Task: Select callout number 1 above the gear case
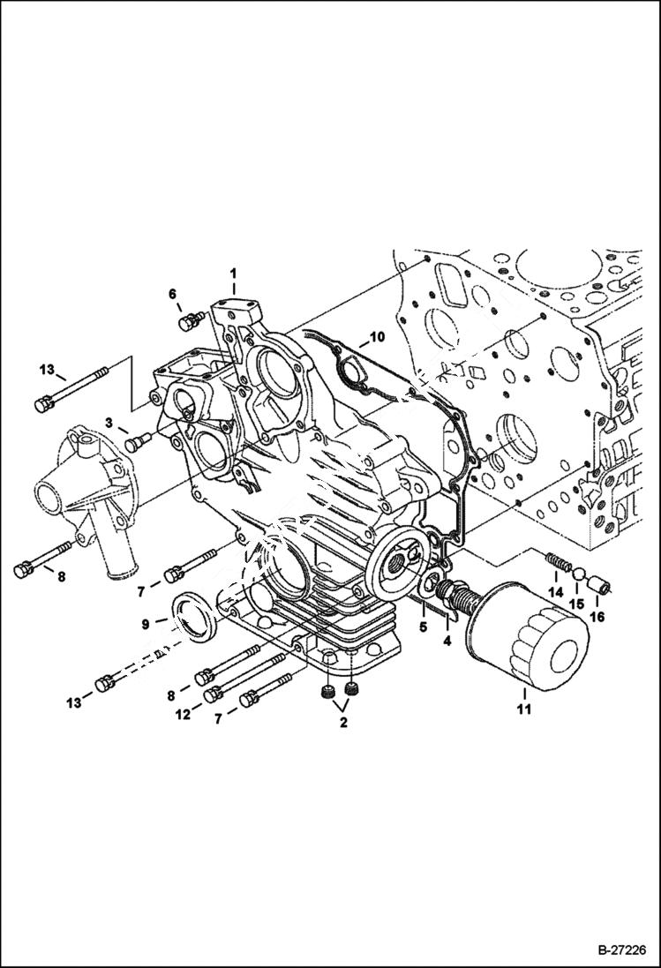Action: tap(234, 274)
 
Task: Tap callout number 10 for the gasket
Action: tap(377, 337)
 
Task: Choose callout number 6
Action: tap(173, 293)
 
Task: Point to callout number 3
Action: tap(109, 424)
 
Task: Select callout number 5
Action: tap(422, 627)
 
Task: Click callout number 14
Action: tap(554, 591)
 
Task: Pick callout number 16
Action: tap(597, 617)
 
